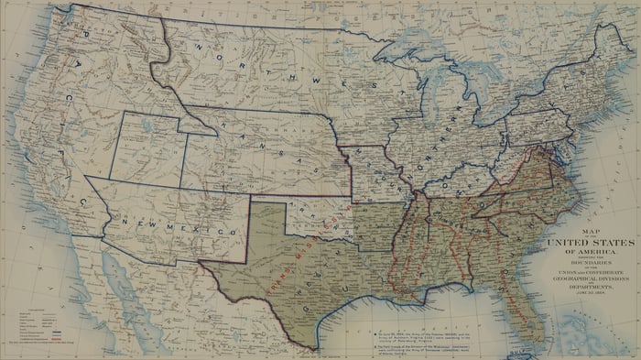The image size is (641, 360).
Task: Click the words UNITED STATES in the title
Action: coord(589,242)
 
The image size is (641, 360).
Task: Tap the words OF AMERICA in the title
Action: coord(589,250)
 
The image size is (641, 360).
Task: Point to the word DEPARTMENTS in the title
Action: coord(589,286)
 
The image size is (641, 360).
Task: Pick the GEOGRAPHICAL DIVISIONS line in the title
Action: coord(589,279)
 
